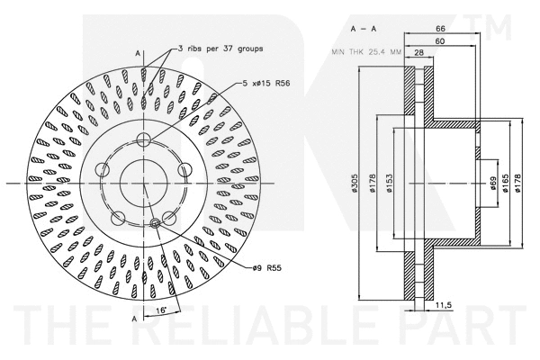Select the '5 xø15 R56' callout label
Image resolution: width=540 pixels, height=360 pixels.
271,84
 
